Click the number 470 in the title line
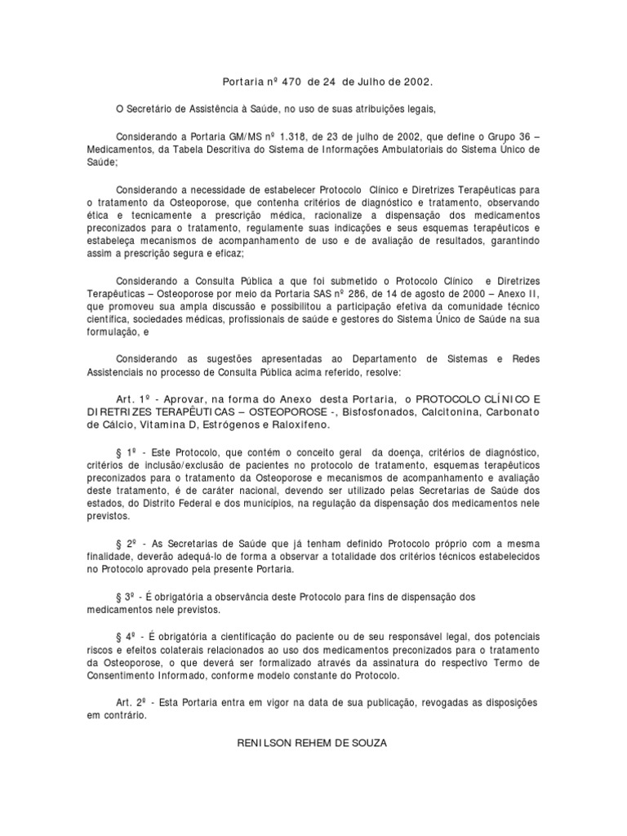pos(292,82)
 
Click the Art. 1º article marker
pos(132,398)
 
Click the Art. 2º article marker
pos(132,702)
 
